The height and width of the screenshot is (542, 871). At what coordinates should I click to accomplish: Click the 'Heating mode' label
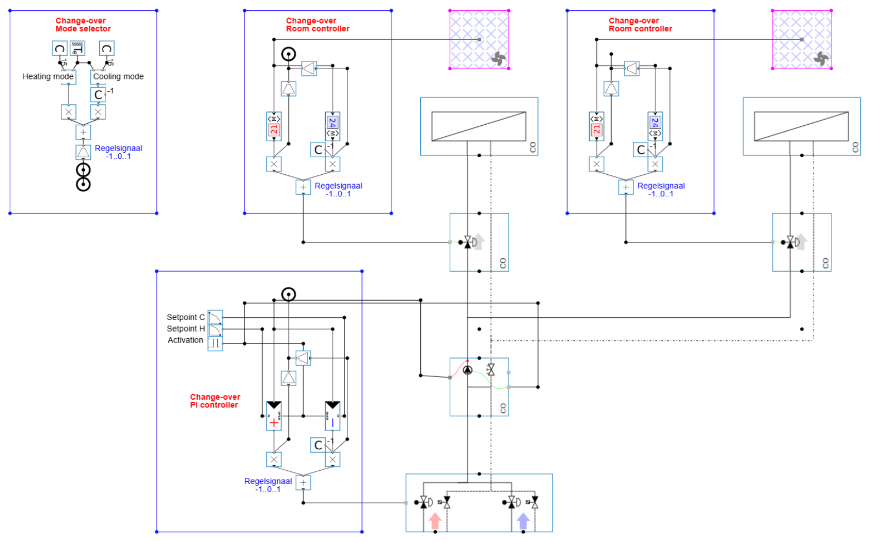[47, 76]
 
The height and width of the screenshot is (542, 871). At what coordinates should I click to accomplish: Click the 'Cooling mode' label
[118, 76]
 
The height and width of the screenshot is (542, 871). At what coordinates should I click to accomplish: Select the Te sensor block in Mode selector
[77, 48]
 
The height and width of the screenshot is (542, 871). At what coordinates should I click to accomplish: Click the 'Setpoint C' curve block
[215, 317]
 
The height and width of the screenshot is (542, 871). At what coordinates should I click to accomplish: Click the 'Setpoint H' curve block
[215, 329]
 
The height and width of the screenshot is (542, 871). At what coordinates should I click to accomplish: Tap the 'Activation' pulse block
[215, 343]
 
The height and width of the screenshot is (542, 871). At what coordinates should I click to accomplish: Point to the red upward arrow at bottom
[435, 520]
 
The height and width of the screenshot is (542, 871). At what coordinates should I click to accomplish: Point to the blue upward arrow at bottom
[523, 520]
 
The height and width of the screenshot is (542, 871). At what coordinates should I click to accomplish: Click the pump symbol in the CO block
[467, 370]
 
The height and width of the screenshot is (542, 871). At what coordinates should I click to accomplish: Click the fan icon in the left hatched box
[498, 59]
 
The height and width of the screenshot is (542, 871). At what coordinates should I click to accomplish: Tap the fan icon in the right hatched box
[821, 59]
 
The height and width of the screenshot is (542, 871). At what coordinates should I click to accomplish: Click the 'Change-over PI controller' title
[215, 401]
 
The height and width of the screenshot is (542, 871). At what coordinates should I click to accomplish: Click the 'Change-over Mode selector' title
[83, 25]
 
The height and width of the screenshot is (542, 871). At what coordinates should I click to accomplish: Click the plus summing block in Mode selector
[83, 132]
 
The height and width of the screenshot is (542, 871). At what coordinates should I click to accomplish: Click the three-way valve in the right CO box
[790, 242]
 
